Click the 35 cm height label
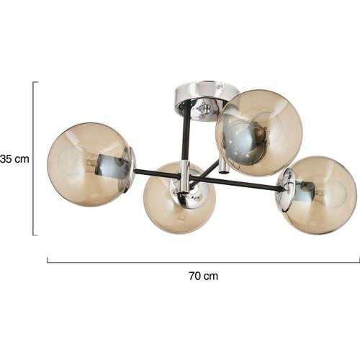click(x=14, y=159)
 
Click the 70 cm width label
click(x=204, y=276)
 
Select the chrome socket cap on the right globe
click(x=286, y=189)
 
